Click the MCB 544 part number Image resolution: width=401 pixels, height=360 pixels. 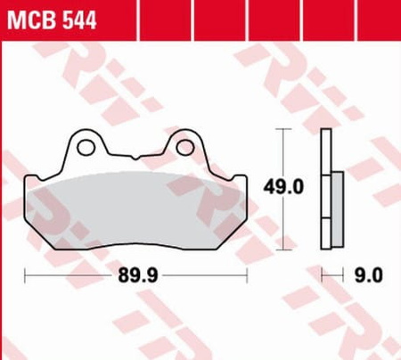click(52, 20)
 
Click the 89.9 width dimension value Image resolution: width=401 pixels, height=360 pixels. click(138, 275)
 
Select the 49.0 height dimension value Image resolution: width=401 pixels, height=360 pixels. click(283, 187)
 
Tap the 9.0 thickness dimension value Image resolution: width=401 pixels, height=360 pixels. click(368, 275)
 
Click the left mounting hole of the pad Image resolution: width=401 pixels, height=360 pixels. click(86, 147)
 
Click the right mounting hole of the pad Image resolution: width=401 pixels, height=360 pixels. click(185, 147)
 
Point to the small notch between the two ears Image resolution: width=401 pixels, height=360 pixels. click(135, 158)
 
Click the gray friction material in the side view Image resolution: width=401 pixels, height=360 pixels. click(338, 209)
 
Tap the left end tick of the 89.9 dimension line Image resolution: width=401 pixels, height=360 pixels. click(25, 275)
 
